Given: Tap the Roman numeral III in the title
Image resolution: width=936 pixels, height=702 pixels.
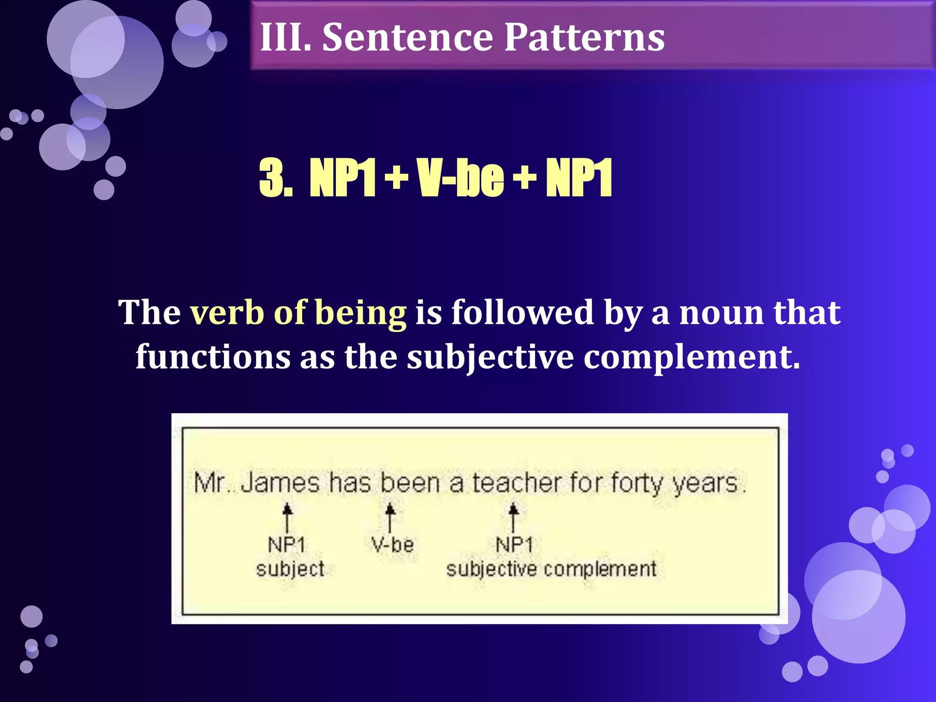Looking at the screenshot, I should (x=285, y=37).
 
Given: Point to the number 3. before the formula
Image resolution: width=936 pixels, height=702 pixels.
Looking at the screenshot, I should (x=276, y=178).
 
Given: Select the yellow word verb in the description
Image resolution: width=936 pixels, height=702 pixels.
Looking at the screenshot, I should (x=227, y=313).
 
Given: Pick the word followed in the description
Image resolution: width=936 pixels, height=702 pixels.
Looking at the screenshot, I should (x=523, y=313).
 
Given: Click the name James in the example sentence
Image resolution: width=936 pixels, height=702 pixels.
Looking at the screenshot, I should (x=280, y=483).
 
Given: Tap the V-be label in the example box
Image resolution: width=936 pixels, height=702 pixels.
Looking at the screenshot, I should (x=392, y=545).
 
